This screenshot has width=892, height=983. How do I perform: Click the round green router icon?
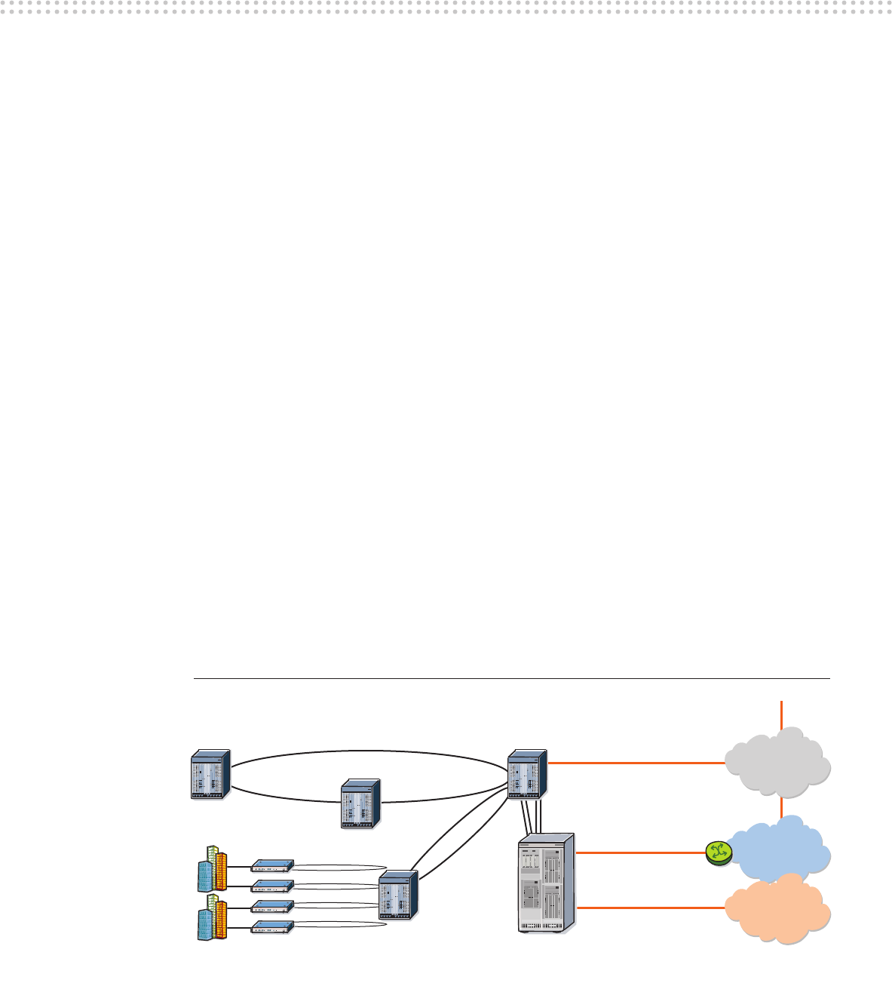pyautogui.click(x=719, y=853)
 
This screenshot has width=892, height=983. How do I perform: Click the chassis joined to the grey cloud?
pyautogui.click(x=527, y=774)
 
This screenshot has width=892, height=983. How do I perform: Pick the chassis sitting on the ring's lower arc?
pyautogui.click(x=360, y=804)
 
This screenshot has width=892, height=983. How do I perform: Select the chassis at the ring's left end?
pyautogui.click(x=210, y=774)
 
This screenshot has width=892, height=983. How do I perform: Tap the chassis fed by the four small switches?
pyautogui.click(x=397, y=895)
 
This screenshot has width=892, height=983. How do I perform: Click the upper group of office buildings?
pyautogui.click(x=212, y=869)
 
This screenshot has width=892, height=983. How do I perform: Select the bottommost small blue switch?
pyautogui.click(x=272, y=927)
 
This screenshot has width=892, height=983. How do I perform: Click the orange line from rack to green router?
pyautogui.click(x=641, y=853)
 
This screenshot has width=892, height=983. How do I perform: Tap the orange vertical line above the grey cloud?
pyautogui.click(x=782, y=714)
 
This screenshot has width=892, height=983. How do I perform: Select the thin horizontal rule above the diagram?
pyautogui.click(x=512, y=678)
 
